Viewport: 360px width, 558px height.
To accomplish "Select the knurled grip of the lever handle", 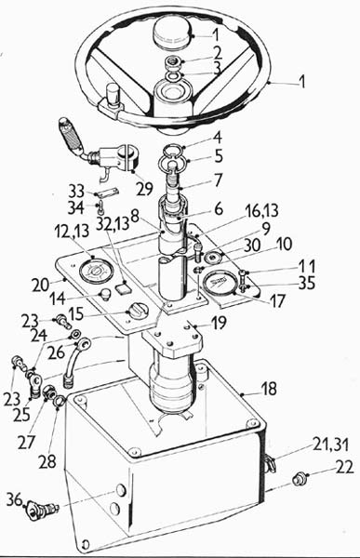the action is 72,134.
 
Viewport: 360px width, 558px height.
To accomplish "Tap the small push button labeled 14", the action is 104,295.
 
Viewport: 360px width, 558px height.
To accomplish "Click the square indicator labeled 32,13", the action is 124,286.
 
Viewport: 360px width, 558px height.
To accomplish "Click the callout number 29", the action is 144,188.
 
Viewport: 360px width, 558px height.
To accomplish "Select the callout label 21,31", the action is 331,444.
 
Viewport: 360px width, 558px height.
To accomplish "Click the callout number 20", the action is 40,286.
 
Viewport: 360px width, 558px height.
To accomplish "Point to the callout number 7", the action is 218,180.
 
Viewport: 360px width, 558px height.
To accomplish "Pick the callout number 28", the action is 47,461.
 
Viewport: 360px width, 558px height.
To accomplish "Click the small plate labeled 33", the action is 109,193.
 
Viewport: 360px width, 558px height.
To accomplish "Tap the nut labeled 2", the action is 174,62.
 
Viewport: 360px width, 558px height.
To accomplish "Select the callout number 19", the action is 219,323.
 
